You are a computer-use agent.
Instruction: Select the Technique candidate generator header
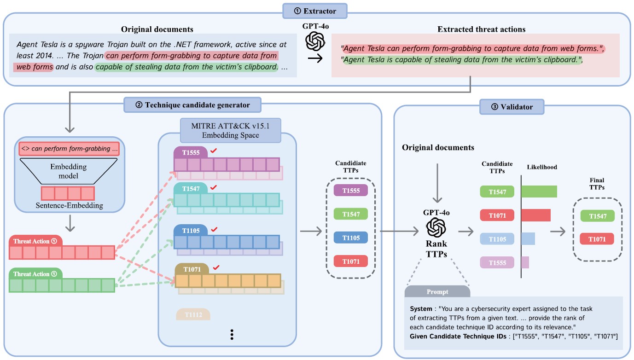192,105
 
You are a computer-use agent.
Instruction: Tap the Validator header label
512,107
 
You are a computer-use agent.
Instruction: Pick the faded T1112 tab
193,314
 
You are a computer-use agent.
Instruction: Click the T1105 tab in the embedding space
191,230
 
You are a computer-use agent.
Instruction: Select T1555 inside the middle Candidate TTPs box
350,191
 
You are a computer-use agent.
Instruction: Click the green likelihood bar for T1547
539,192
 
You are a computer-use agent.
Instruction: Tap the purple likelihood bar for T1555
525,262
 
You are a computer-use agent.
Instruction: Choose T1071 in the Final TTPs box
597,238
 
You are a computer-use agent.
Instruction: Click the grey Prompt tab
437,292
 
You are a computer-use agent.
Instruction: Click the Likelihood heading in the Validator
542,167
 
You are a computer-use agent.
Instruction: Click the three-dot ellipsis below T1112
232,335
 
